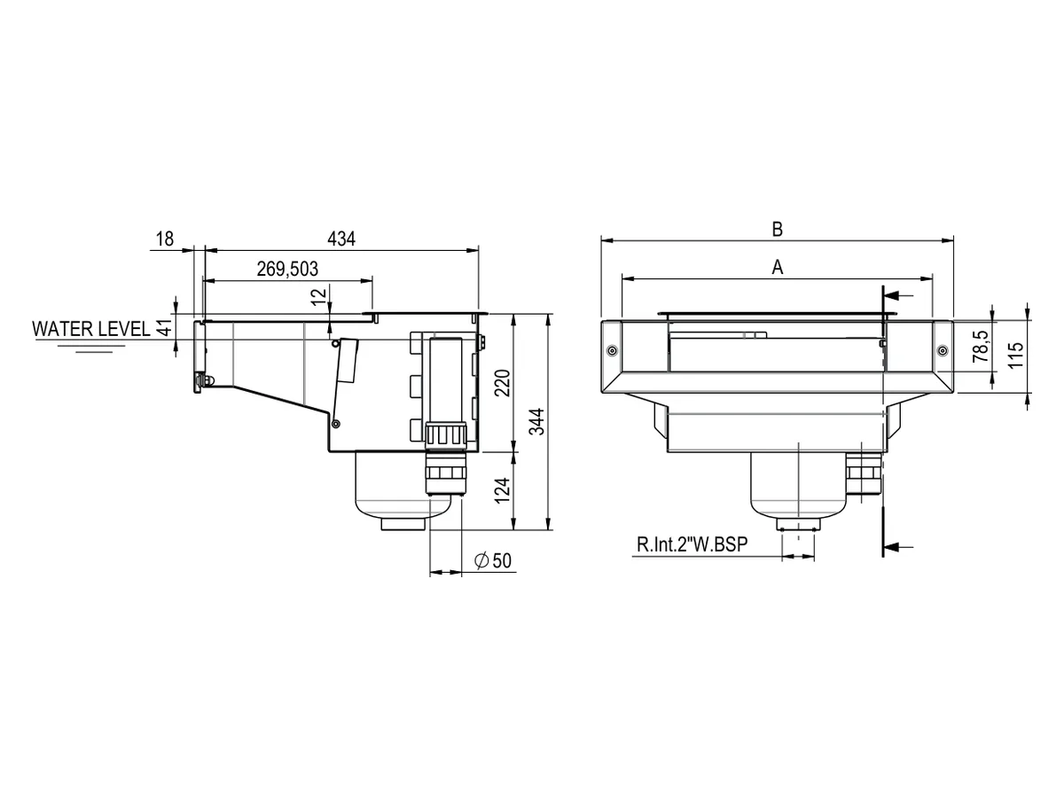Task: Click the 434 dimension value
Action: (x=340, y=239)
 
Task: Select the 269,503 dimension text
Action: (x=287, y=269)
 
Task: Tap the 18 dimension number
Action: (x=165, y=239)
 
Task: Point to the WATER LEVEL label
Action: (x=91, y=329)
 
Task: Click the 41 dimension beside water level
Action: (x=165, y=328)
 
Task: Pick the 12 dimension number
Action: (x=319, y=296)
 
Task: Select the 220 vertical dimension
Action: (x=503, y=383)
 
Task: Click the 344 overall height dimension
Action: (x=536, y=422)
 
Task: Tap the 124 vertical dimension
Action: (x=503, y=490)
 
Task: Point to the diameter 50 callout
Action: (x=492, y=560)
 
